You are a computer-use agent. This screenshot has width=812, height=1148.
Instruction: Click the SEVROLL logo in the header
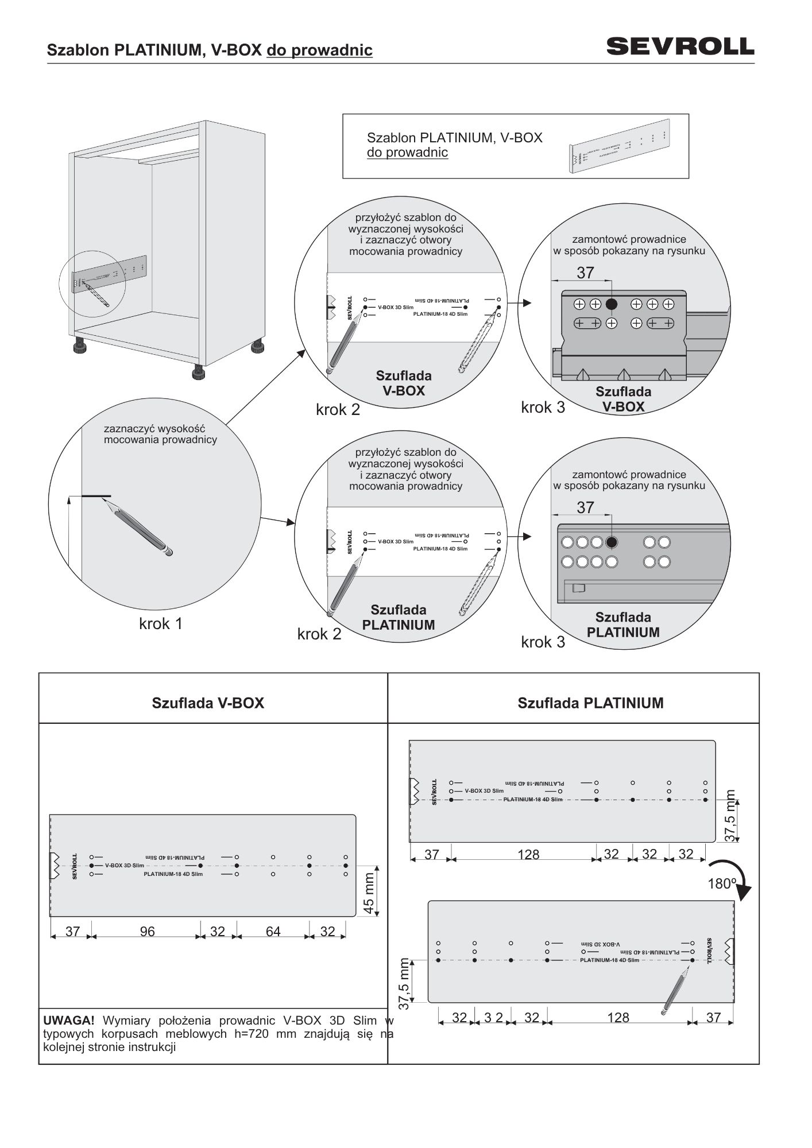coord(680,46)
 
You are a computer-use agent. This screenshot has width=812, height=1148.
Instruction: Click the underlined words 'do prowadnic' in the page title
coord(319,51)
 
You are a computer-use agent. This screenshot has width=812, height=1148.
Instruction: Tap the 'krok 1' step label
coord(161,623)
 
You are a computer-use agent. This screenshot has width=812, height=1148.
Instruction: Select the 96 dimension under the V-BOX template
coord(147,931)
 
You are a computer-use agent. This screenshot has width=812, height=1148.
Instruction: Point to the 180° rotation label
coord(721,883)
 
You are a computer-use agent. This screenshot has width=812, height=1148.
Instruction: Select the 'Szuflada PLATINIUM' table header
coord(590,703)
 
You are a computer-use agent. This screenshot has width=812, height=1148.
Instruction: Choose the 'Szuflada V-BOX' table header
coord(208,703)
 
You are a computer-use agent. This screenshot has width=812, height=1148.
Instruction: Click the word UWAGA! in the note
coord(69,1021)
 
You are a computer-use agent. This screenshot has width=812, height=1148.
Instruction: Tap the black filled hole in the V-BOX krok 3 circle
coord(612,304)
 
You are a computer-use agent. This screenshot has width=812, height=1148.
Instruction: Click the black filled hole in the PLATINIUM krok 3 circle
coord(612,542)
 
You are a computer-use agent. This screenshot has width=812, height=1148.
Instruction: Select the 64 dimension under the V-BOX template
coord(273,931)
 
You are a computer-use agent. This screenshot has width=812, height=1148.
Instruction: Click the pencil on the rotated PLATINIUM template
coord(675,989)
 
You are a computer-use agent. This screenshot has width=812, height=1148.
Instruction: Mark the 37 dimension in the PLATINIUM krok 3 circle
coord(585,507)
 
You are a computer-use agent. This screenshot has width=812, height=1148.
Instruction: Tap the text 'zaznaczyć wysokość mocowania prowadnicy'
coord(160,434)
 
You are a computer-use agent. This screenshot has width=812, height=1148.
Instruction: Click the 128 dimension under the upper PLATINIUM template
coord(528,855)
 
